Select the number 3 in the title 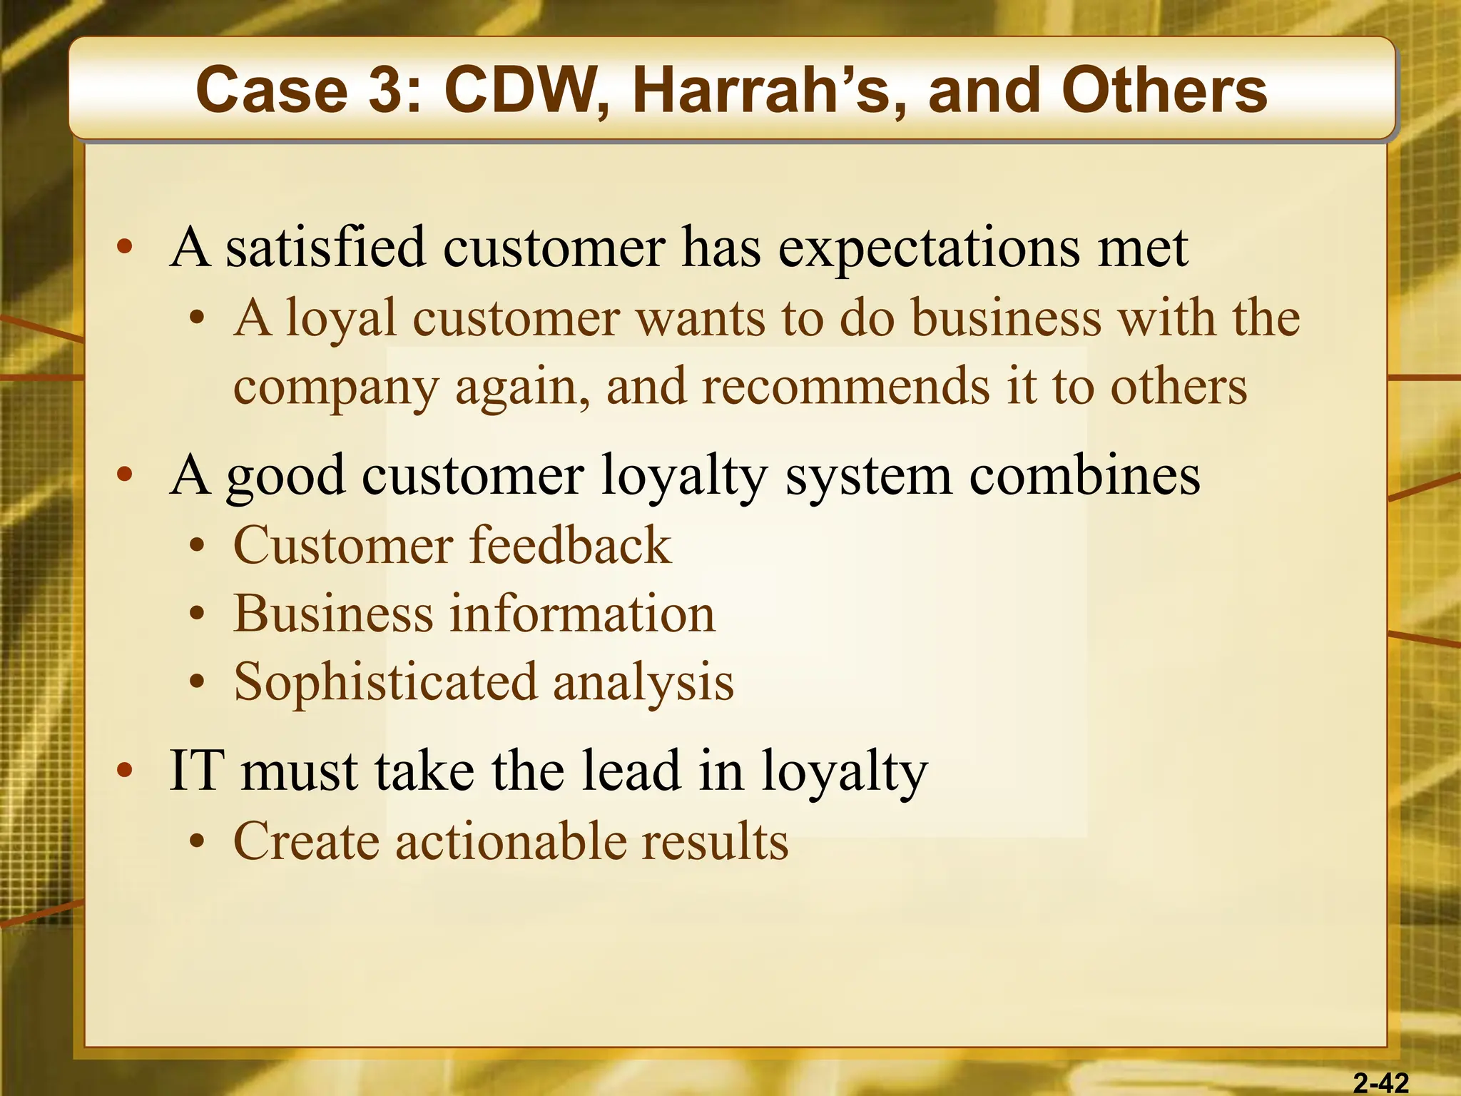tap(394, 91)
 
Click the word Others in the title tap(1164, 91)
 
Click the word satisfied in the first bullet tap(325, 248)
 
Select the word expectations tap(928, 248)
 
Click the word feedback tap(570, 545)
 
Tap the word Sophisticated tap(385, 682)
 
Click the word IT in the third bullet tap(193, 771)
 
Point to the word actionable tap(509, 841)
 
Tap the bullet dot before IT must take tap(125, 771)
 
